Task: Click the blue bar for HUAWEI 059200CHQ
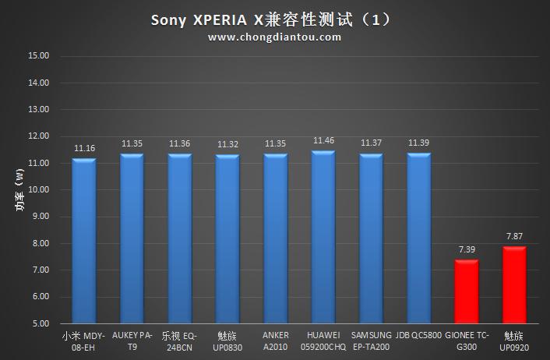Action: [323, 237]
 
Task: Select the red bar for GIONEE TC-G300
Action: [467, 291]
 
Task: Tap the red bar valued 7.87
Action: [514, 285]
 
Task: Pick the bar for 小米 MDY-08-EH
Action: [83, 241]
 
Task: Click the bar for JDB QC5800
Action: [418, 238]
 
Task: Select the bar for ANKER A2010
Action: [275, 238]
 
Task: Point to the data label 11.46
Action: [323, 140]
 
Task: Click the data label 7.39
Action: [467, 249]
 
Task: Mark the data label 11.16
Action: [84, 148]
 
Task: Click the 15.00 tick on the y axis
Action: [38, 56]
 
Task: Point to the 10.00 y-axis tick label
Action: [38, 190]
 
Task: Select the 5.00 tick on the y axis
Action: [41, 323]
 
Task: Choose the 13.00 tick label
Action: [38, 110]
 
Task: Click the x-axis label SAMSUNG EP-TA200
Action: [371, 341]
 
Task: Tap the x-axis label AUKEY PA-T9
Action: [132, 341]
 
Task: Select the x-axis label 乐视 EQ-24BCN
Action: [179, 341]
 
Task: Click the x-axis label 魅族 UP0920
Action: [514, 341]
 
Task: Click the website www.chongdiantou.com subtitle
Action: [274, 37]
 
